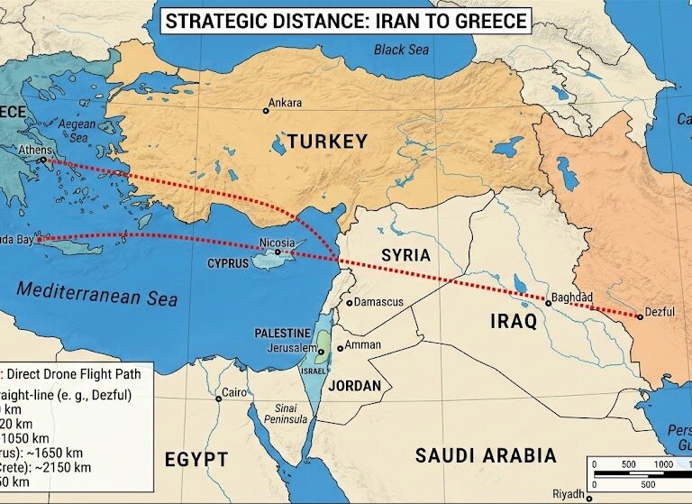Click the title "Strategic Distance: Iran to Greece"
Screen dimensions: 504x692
tap(345, 19)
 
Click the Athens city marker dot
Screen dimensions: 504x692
tap(42, 161)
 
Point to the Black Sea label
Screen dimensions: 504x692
tap(402, 50)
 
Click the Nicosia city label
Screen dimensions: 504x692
tap(277, 243)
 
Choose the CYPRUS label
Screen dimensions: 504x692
tap(228, 264)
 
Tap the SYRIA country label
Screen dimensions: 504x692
tap(405, 255)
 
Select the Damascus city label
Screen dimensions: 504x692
tap(378, 302)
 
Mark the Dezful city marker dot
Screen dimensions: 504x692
tap(640, 316)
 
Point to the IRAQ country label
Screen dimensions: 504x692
tap(514, 321)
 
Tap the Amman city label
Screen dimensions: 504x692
tap(363, 345)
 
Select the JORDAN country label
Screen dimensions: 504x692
tap(355, 385)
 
